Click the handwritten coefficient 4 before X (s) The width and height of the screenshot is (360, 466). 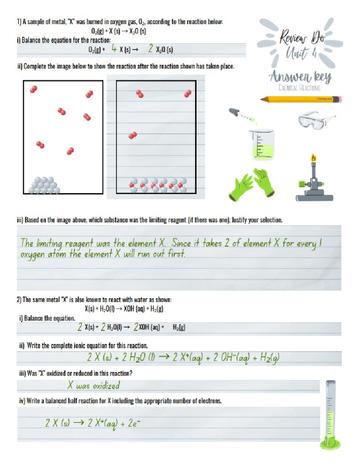pos(114,49)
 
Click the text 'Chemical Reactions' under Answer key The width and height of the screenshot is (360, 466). pos(299,88)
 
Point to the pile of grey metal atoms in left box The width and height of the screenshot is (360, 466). pos(44,185)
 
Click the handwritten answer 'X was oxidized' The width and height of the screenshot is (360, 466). pos(94,385)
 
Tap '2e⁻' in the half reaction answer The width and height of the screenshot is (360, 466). pos(134,423)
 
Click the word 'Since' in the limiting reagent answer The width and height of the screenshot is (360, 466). pos(181,243)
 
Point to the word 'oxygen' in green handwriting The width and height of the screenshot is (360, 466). pos(32,255)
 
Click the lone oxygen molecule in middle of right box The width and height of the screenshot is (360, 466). pos(133,136)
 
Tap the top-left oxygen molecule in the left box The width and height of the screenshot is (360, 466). pos(33,89)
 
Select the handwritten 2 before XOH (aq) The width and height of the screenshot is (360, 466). pos(136,327)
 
